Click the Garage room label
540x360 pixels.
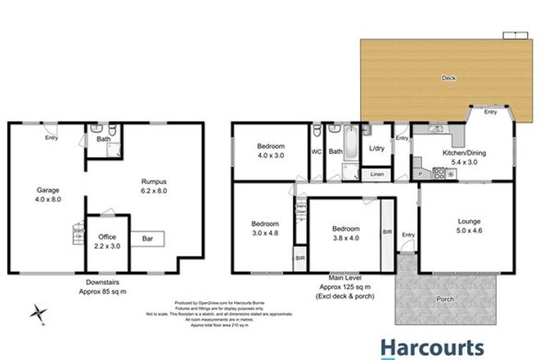click(x=48, y=190)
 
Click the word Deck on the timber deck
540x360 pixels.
click(x=448, y=79)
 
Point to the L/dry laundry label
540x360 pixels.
click(x=377, y=148)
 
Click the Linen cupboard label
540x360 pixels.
click(x=377, y=174)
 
